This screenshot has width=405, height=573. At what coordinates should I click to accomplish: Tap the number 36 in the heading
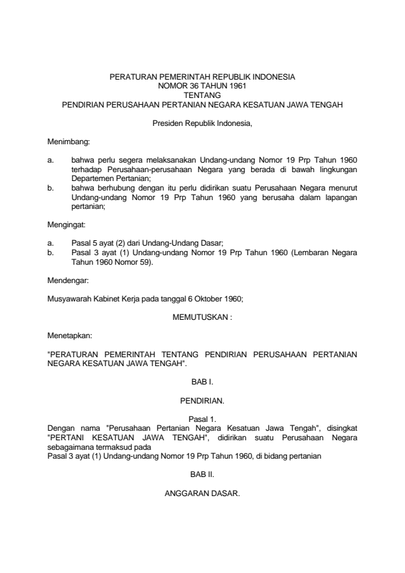[x=193, y=87]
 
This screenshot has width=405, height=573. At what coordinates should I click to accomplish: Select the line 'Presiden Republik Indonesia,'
[x=202, y=123]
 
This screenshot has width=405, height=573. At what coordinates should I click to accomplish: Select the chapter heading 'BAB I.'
[x=202, y=383]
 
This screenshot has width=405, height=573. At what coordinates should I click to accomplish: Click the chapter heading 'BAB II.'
[x=202, y=475]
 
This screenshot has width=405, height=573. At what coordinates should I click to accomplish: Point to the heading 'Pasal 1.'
[x=202, y=419]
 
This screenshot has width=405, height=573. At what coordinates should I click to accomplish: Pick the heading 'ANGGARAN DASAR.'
[x=202, y=493]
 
